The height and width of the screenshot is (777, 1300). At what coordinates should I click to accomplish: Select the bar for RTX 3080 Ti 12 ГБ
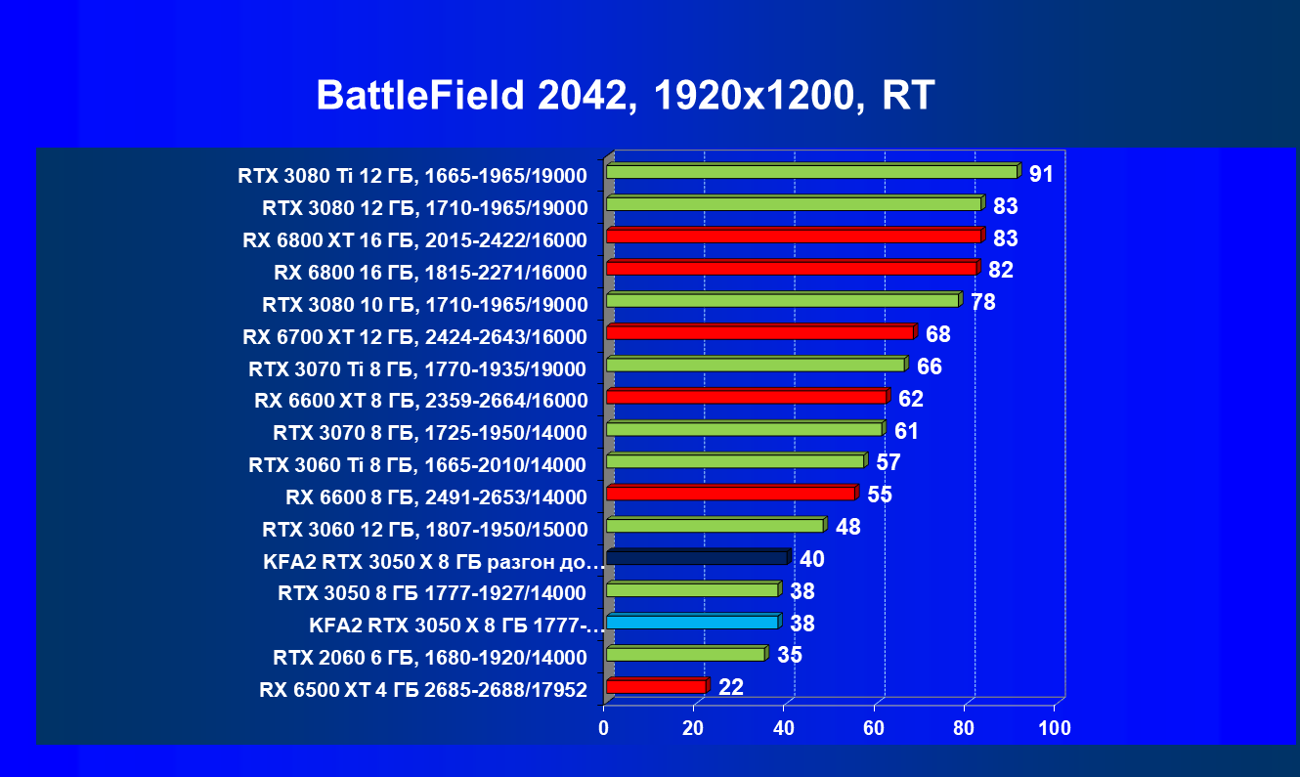click(x=812, y=172)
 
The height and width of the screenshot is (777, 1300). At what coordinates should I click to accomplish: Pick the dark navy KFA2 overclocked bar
click(x=697, y=558)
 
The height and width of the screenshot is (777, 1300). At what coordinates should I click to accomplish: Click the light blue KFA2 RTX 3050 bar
click(x=692, y=622)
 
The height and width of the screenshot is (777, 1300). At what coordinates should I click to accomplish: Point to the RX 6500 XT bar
click(x=656, y=686)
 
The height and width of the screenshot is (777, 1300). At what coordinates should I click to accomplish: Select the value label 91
click(x=1041, y=175)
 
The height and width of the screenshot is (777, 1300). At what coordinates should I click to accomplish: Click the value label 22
click(x=731, y=687)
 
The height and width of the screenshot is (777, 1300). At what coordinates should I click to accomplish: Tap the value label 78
click(x=982, y=302)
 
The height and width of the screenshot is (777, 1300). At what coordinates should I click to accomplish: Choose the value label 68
click(x=938, y=334)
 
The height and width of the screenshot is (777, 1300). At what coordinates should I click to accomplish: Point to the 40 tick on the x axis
click(x=784, y=728)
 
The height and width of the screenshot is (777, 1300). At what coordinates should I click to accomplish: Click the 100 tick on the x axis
click(x=1056, y=728)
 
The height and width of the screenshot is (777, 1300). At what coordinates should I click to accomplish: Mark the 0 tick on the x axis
click(x=604, y=728)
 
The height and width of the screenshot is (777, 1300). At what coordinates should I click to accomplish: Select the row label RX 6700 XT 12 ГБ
click(x=414, y=337)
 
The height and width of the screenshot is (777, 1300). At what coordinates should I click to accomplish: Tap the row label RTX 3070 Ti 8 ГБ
click(x=417, y=369)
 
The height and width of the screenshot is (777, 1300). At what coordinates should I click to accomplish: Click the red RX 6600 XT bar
click(x=747, y=397)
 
